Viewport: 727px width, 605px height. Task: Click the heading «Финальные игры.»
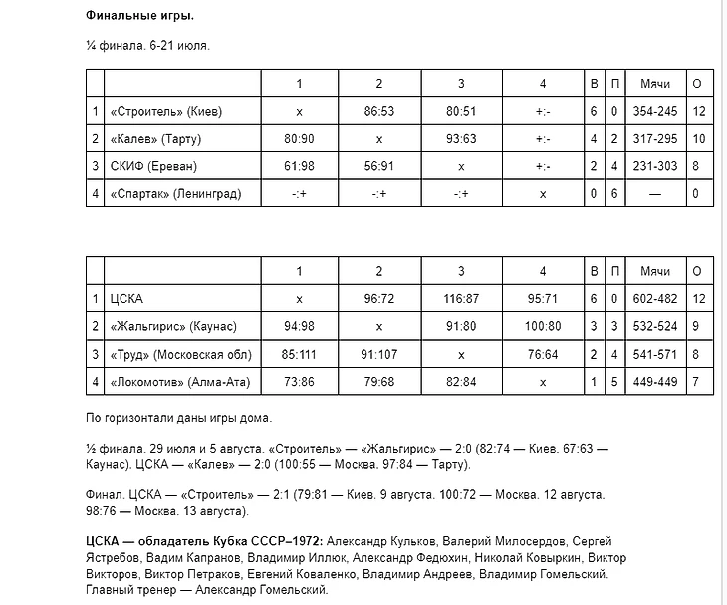(x=139, y=17)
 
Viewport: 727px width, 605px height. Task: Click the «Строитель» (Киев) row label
(x=166, y=111)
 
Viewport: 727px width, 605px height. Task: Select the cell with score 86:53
(x=379, y=111)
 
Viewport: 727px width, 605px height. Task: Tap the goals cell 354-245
(x=654, y=111)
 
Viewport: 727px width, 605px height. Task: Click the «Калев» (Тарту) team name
(x=161, y=139)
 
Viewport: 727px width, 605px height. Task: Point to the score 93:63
(x=461, y=139)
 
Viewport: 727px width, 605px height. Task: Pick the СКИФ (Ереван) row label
(x=153, y=166)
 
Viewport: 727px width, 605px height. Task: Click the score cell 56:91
(x=379, y=166)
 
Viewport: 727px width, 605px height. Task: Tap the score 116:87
(x=461, y=298)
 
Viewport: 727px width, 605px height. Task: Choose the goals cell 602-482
(x=654, y=298)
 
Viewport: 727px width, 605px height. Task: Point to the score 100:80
(x=542, y=326)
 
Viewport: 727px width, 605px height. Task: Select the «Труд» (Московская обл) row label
(x=180, y=354)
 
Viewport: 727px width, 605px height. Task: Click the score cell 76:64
(x=542, y=354)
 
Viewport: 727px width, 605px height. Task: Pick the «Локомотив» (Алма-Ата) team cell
(x=178, y=382)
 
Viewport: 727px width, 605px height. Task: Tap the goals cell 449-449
(x=654, y=382)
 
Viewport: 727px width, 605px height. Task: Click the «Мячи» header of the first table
(x=654, y=83)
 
